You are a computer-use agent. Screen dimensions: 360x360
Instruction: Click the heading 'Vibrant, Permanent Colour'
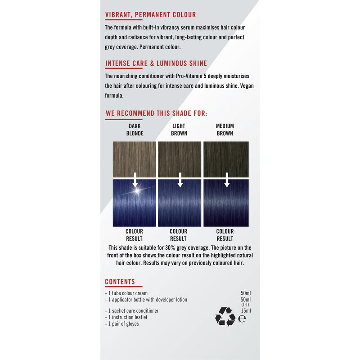150,15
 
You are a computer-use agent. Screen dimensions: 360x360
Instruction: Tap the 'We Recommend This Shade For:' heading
156,113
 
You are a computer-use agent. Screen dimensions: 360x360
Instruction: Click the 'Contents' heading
120,282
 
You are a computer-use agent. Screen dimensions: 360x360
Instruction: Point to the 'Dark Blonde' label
135,130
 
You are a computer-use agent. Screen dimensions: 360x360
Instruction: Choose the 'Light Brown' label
179,130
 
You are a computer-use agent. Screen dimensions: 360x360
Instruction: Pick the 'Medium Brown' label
225,130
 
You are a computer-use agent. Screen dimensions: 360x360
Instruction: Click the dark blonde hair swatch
134,158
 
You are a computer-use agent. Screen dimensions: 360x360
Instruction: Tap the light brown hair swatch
180,158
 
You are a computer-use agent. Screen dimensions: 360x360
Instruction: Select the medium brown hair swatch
226,158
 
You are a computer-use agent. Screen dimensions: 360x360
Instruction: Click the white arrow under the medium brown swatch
227,180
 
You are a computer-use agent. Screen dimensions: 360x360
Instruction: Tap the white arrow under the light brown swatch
180,180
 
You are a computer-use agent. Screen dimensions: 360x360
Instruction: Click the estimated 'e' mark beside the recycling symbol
242,319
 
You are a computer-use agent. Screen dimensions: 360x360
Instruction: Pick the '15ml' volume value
246,310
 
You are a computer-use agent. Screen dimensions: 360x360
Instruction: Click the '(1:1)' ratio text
246,305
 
